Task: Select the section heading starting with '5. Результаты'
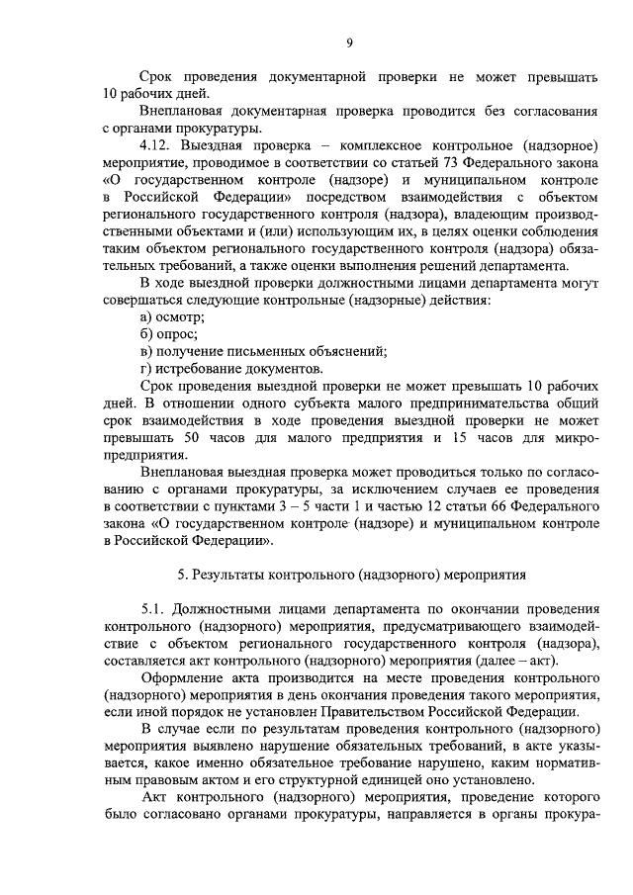[x=351, y=574]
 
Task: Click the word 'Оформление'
[x=187, y=679]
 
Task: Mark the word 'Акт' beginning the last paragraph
[x=155, y=799]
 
